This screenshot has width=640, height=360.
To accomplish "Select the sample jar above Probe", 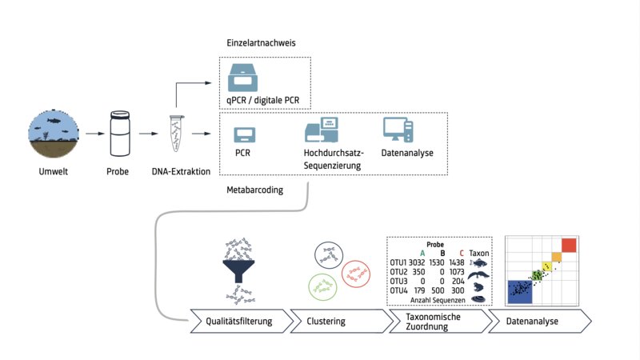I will (118, 134).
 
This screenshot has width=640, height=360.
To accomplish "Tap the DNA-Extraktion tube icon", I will (176, 134).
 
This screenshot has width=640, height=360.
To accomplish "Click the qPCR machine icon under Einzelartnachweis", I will (244, 77).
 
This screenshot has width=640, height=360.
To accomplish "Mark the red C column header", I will (462, 252).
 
